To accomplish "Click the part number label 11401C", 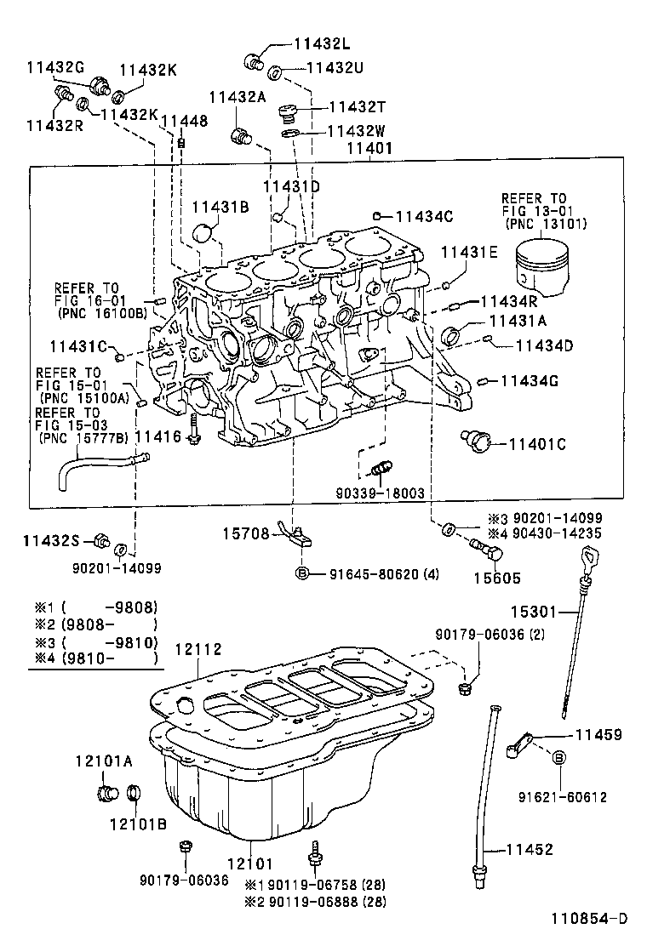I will (x=537, y=443).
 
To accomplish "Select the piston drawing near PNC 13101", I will (x=542, y=265).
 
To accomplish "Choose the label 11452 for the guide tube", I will (x=530, y=849).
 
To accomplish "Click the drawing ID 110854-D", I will (x=587, y=918).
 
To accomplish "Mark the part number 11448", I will (x=184, y=122).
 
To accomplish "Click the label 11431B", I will (x=220, y=207).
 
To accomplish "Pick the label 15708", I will (x=246, y=533).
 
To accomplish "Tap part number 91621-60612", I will (x=562, y=797).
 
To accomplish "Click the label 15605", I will (x=491, y=576).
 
